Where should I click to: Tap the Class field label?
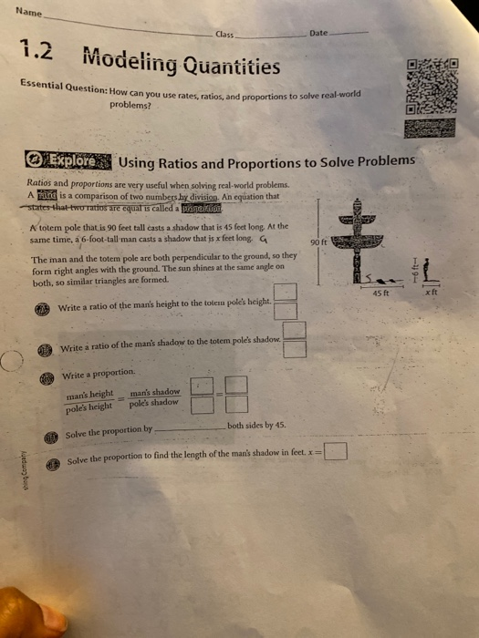[224, 34]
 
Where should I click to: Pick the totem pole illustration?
[373, 239]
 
